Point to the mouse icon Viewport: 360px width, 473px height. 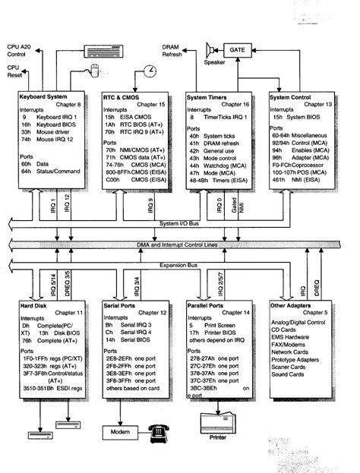click(x=95, y=71)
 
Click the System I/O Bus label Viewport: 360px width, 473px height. click(x=181, y=222)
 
